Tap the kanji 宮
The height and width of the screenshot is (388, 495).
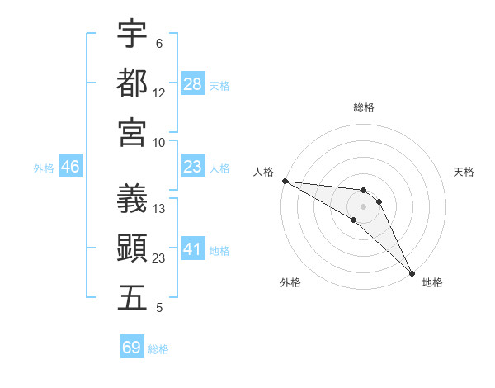coord(133,132)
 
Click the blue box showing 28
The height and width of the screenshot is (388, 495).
coord(193,83)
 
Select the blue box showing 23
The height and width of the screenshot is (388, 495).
coord(193,167)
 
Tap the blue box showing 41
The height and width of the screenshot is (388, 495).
coord(193,249)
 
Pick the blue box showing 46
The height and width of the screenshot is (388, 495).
coord(71,167)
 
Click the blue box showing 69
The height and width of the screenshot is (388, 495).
coord(132,348)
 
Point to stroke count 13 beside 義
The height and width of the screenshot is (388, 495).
coord(159,209)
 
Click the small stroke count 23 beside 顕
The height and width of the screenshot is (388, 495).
coord(159,258)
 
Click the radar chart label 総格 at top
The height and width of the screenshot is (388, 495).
coord(363,107)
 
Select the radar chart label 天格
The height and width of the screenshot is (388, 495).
coord(464,172)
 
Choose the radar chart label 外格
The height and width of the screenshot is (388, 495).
coord(290,282)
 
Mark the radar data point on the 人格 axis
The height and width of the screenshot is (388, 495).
coord(285,181)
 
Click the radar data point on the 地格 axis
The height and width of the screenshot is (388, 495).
coord(411,272)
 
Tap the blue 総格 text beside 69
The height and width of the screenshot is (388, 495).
coord(158,348)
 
